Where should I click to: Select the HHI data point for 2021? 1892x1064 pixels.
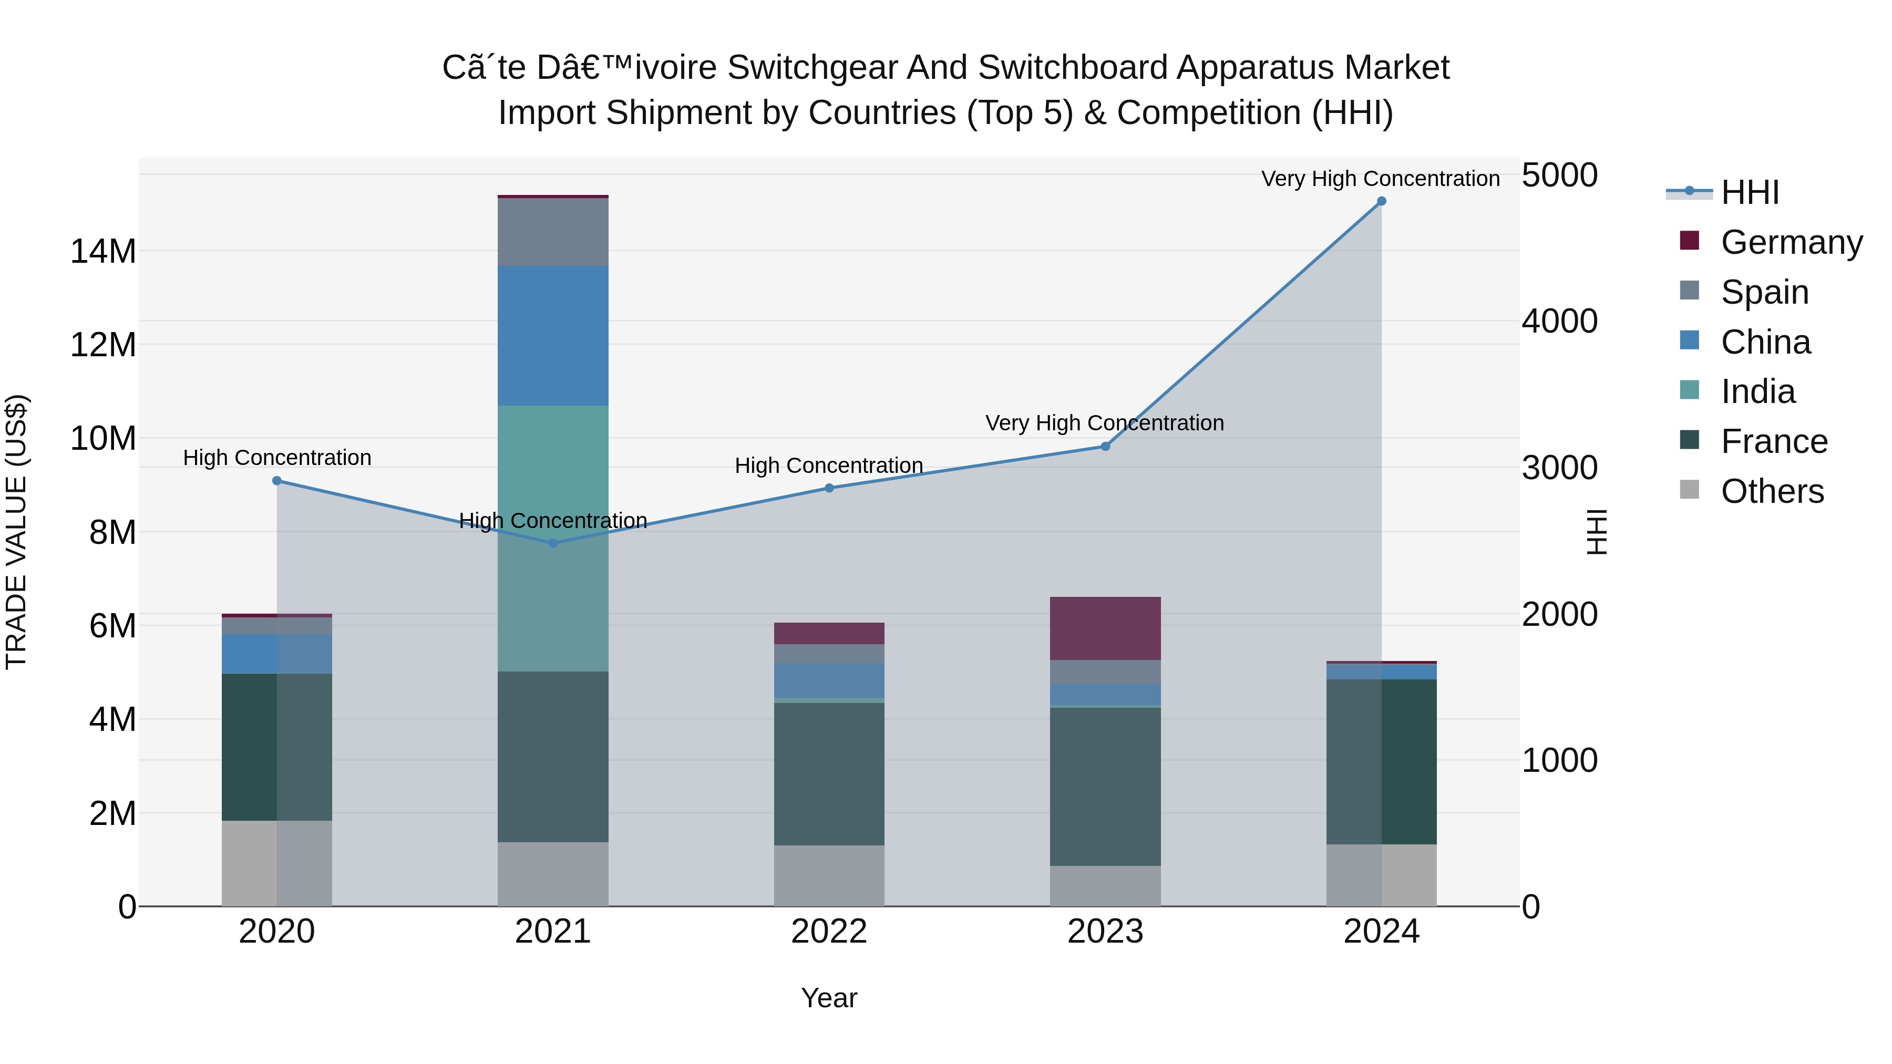[x=553, y=543]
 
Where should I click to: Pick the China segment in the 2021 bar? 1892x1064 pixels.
[x=553, y=336]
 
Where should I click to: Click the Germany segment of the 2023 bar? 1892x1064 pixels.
[x=1105, y=628]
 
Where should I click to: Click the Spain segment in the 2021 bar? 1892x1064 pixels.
[x=553, y=232]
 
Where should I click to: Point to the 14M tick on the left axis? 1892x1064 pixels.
[x=103, y=252]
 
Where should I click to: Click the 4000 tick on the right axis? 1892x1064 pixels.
[x=1559, y=322]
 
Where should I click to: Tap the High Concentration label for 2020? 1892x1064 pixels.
[x=277, y=458]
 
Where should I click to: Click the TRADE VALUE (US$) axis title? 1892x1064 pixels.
[x=16, y=532]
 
